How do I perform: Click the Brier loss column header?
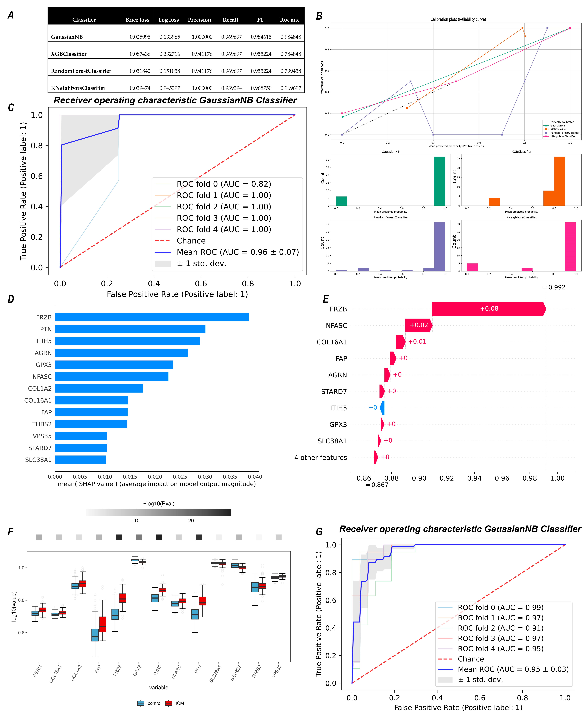(137, 20)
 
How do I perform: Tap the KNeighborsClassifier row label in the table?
(78, 88)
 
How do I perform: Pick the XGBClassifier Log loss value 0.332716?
(170, 54)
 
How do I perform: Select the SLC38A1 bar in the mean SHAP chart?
(81, 460)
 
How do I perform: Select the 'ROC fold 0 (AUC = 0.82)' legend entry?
(224, 184)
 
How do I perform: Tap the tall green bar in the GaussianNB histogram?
(440, 181)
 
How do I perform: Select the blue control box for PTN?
(195, 614)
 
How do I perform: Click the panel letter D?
(11, 299)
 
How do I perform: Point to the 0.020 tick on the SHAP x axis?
(155, 477)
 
